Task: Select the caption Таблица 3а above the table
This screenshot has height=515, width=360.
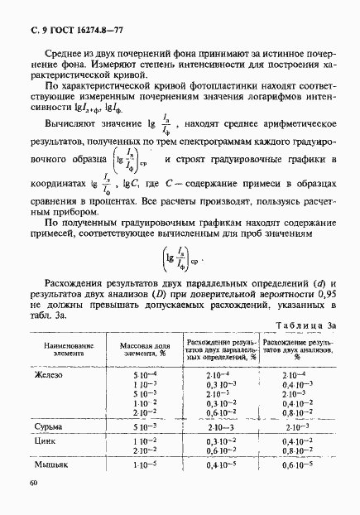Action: pyautogui.click(x=306, y=327)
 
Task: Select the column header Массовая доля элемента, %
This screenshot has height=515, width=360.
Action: pyautogui.click(x=144, y=349)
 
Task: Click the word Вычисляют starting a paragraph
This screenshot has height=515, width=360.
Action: pyautogui.click(x=75, y=126)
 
